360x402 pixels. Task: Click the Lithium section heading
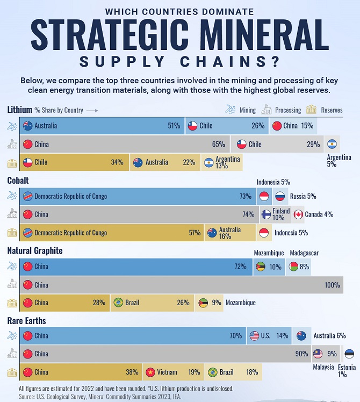point(19,110)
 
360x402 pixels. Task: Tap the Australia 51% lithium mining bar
point(102,126)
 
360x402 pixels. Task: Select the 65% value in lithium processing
point(218,144)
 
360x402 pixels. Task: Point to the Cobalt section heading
point(18,181)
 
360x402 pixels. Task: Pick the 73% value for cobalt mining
point(246,196)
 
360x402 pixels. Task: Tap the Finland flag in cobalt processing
point(265,214)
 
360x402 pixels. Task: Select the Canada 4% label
point(319,214)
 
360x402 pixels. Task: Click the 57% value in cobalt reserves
point(194,233)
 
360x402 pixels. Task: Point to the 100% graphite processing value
point(332,285)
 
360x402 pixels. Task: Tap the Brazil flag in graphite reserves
point(118,303)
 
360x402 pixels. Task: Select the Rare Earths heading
point(27,321)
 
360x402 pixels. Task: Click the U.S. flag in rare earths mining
point(255,336)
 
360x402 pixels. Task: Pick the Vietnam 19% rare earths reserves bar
point(172,372)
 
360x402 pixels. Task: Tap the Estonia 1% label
point(347,371)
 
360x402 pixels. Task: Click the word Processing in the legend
point(288,110)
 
